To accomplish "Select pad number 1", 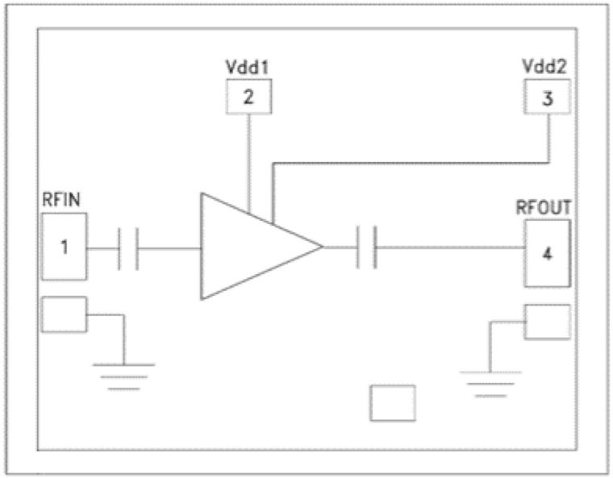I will [64, 246].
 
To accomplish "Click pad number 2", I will [248, 98].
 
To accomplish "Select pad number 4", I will [548, 253].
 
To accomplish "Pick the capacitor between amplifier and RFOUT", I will [367, 247].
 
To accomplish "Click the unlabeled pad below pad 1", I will [64, 315].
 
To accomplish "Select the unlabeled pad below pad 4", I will [548, 322].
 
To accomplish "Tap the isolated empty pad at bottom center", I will [393, 403].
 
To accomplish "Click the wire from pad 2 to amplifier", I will [248, 161].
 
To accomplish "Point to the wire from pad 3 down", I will [548, 137].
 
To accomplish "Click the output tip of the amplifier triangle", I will [321, 247].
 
